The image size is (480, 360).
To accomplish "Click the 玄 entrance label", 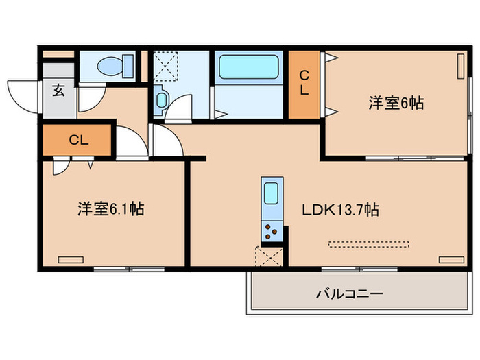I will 59,91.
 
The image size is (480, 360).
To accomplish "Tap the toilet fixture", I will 110,66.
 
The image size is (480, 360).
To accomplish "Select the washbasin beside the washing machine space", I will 161,100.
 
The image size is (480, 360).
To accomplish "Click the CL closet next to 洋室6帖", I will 304,83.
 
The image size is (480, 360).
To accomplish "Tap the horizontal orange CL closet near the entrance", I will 78,140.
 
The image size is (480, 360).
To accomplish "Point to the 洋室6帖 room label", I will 396,103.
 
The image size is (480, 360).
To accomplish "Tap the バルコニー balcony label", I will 349,293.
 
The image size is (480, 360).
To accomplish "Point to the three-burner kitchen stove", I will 272,231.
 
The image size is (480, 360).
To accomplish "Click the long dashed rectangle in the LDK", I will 368,243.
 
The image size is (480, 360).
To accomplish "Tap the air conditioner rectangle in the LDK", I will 451,259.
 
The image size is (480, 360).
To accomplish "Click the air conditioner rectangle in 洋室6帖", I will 459,69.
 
